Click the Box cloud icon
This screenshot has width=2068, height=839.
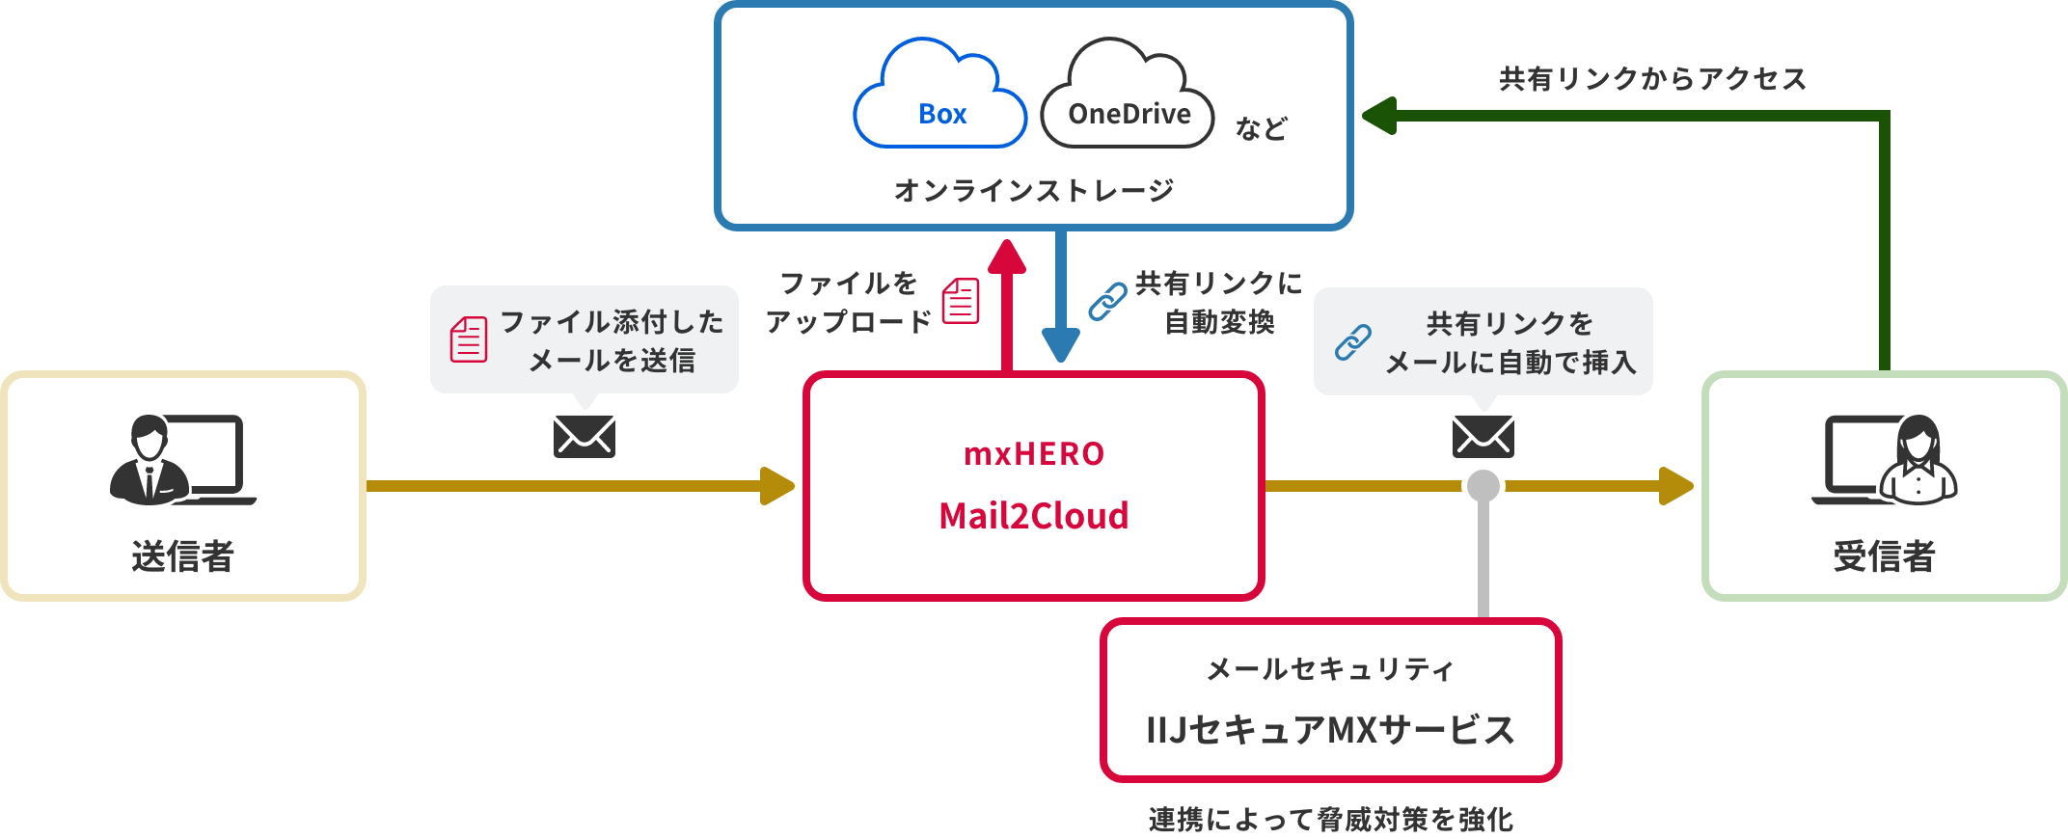[940, 96]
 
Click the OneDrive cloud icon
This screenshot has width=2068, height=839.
[1128, 96]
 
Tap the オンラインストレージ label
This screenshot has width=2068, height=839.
[1033, 190]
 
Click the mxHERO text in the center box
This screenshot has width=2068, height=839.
[1034, 453]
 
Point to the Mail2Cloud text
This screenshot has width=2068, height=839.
[1034, 516]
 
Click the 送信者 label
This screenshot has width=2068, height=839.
[182, 556]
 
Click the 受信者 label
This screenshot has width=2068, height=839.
[1884, 556]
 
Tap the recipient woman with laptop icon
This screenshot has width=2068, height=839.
[1886, 460]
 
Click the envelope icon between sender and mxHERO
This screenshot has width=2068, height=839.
[585, 436]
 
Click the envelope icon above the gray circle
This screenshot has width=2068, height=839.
[1483, 436]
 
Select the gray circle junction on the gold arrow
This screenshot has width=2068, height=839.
[1483, 485]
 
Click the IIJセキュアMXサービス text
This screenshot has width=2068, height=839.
[1330, 730]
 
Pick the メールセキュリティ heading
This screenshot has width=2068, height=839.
[1330, 668]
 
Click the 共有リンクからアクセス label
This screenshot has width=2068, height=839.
[1652, 79]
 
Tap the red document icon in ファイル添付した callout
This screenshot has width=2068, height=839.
[469, 339]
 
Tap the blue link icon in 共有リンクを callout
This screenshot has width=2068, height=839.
[1352, 342]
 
